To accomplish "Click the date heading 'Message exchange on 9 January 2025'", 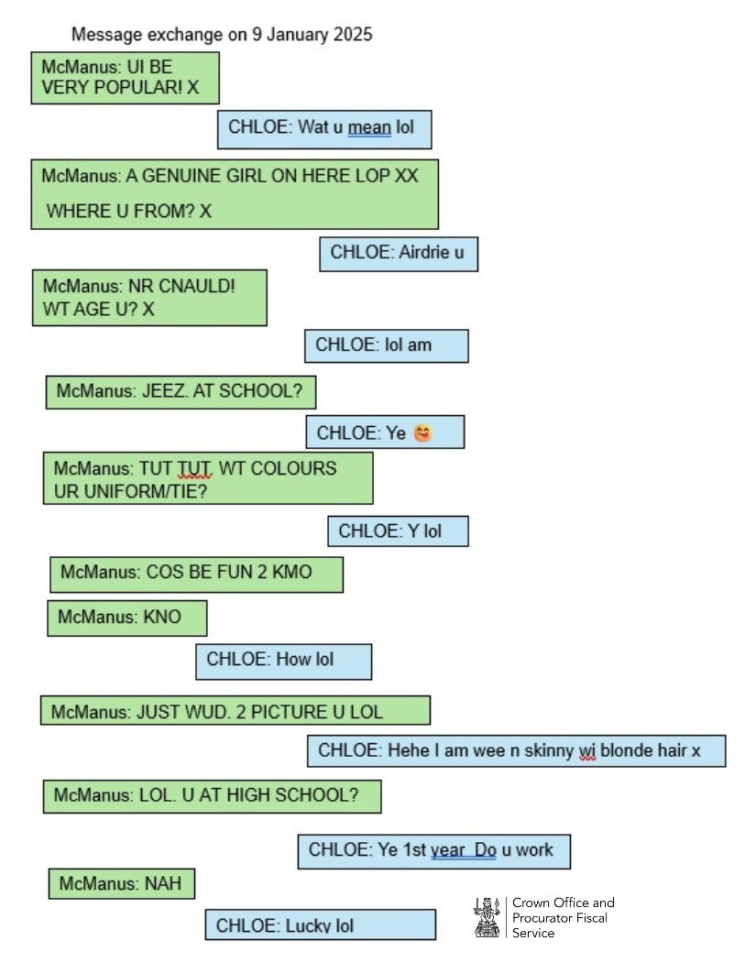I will pos(222,35).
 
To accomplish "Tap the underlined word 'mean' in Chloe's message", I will pos(369,127).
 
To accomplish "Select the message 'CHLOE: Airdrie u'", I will pos(398,253).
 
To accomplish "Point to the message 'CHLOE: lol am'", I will pos(386,345).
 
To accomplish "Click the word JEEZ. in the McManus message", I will pos(163,391).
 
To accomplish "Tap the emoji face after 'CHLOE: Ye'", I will pos(422,432).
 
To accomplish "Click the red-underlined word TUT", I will pos(194,468).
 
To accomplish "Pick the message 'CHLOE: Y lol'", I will pos(398,531).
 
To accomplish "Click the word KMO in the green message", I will pos(291,573).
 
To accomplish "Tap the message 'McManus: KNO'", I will pos(126,618).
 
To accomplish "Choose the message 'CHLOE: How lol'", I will pos(283,660).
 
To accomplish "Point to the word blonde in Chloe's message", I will pos(627,750).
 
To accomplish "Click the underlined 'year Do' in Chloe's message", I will pos(463,850).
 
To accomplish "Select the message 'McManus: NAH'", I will pos(121,884).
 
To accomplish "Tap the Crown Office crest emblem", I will pos(487,917).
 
